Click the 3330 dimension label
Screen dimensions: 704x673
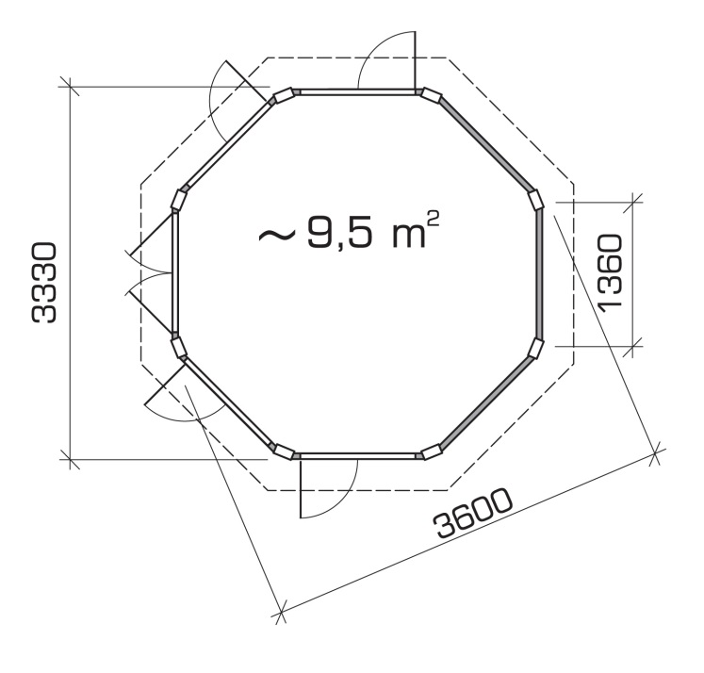point(44,283)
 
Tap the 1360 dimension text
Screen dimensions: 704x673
point(610,271)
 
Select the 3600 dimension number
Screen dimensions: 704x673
point(473,513)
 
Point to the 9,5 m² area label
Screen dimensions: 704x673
point(349,229)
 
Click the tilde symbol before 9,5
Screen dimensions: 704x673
point(276,235)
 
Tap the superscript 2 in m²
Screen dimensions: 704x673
point(433,219)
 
